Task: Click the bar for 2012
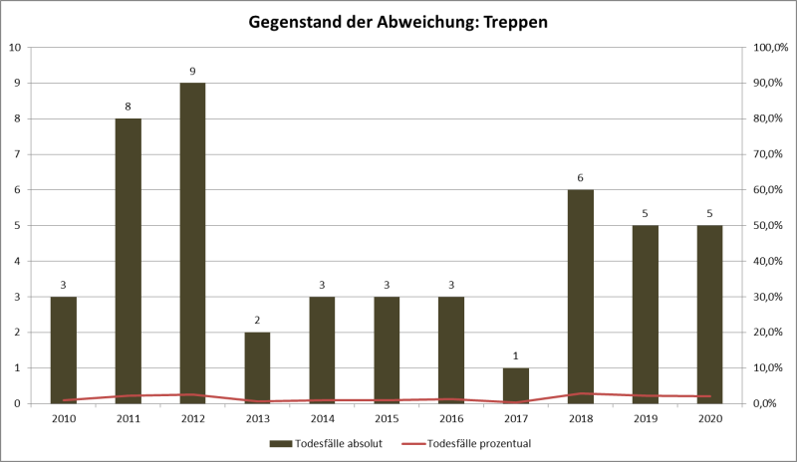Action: (192, 243)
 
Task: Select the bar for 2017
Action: (516, 385)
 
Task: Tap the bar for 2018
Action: (581, 297)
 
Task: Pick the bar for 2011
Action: (128, 261)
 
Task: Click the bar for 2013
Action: (257, 367)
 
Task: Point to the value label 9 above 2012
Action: (192, 72)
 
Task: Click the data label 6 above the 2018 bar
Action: (581, 178)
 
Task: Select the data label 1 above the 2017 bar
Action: (516, 356)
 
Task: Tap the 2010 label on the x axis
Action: (63, 418)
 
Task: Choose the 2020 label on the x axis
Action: (710, 418)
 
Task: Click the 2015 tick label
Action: (387, 418)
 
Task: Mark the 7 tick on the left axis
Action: (16, 154)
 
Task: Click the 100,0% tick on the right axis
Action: (769, 48)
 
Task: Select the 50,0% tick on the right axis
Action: (770, 226)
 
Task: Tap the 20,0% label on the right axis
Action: (770, 333)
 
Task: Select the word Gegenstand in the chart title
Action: (297, 21)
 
